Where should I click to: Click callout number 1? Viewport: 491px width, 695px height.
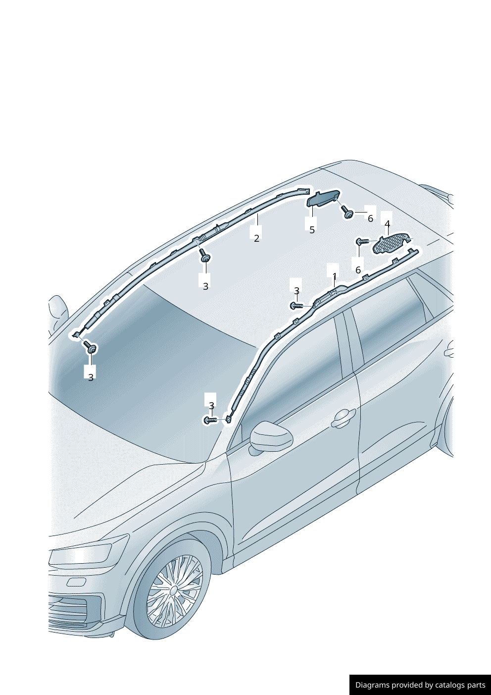(335, 275)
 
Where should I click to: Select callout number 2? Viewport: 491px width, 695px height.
(256, 238)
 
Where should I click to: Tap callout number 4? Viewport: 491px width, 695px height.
(387, 223)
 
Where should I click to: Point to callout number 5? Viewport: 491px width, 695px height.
(312, 230)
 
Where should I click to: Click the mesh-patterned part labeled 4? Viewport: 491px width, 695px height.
(391, 242)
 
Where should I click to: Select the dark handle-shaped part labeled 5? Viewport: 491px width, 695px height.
(322, 199)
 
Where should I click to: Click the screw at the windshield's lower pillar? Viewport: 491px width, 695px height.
(210, 420)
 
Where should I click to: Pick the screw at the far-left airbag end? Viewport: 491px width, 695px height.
(90, 347)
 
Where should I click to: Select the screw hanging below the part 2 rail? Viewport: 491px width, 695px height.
(204, 255)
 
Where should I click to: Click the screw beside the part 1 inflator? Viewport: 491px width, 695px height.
(296, 306)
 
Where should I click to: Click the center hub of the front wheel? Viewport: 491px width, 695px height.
(174, 590)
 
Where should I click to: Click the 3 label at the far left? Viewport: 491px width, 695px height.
(91, 377)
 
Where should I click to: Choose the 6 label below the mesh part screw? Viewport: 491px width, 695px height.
(358, 270)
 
